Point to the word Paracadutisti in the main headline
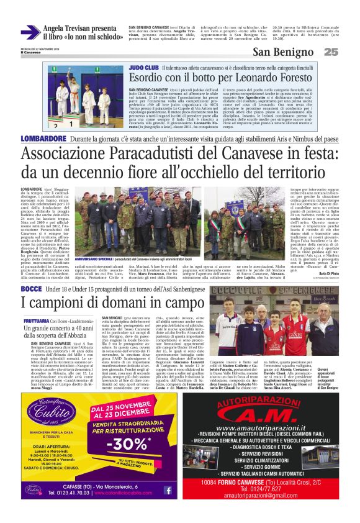pyautogui.click(x=168, y=153)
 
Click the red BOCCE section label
pyautogui.click(x=32, y=290)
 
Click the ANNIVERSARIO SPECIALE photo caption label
pyautogui.click(x=94, y=257)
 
